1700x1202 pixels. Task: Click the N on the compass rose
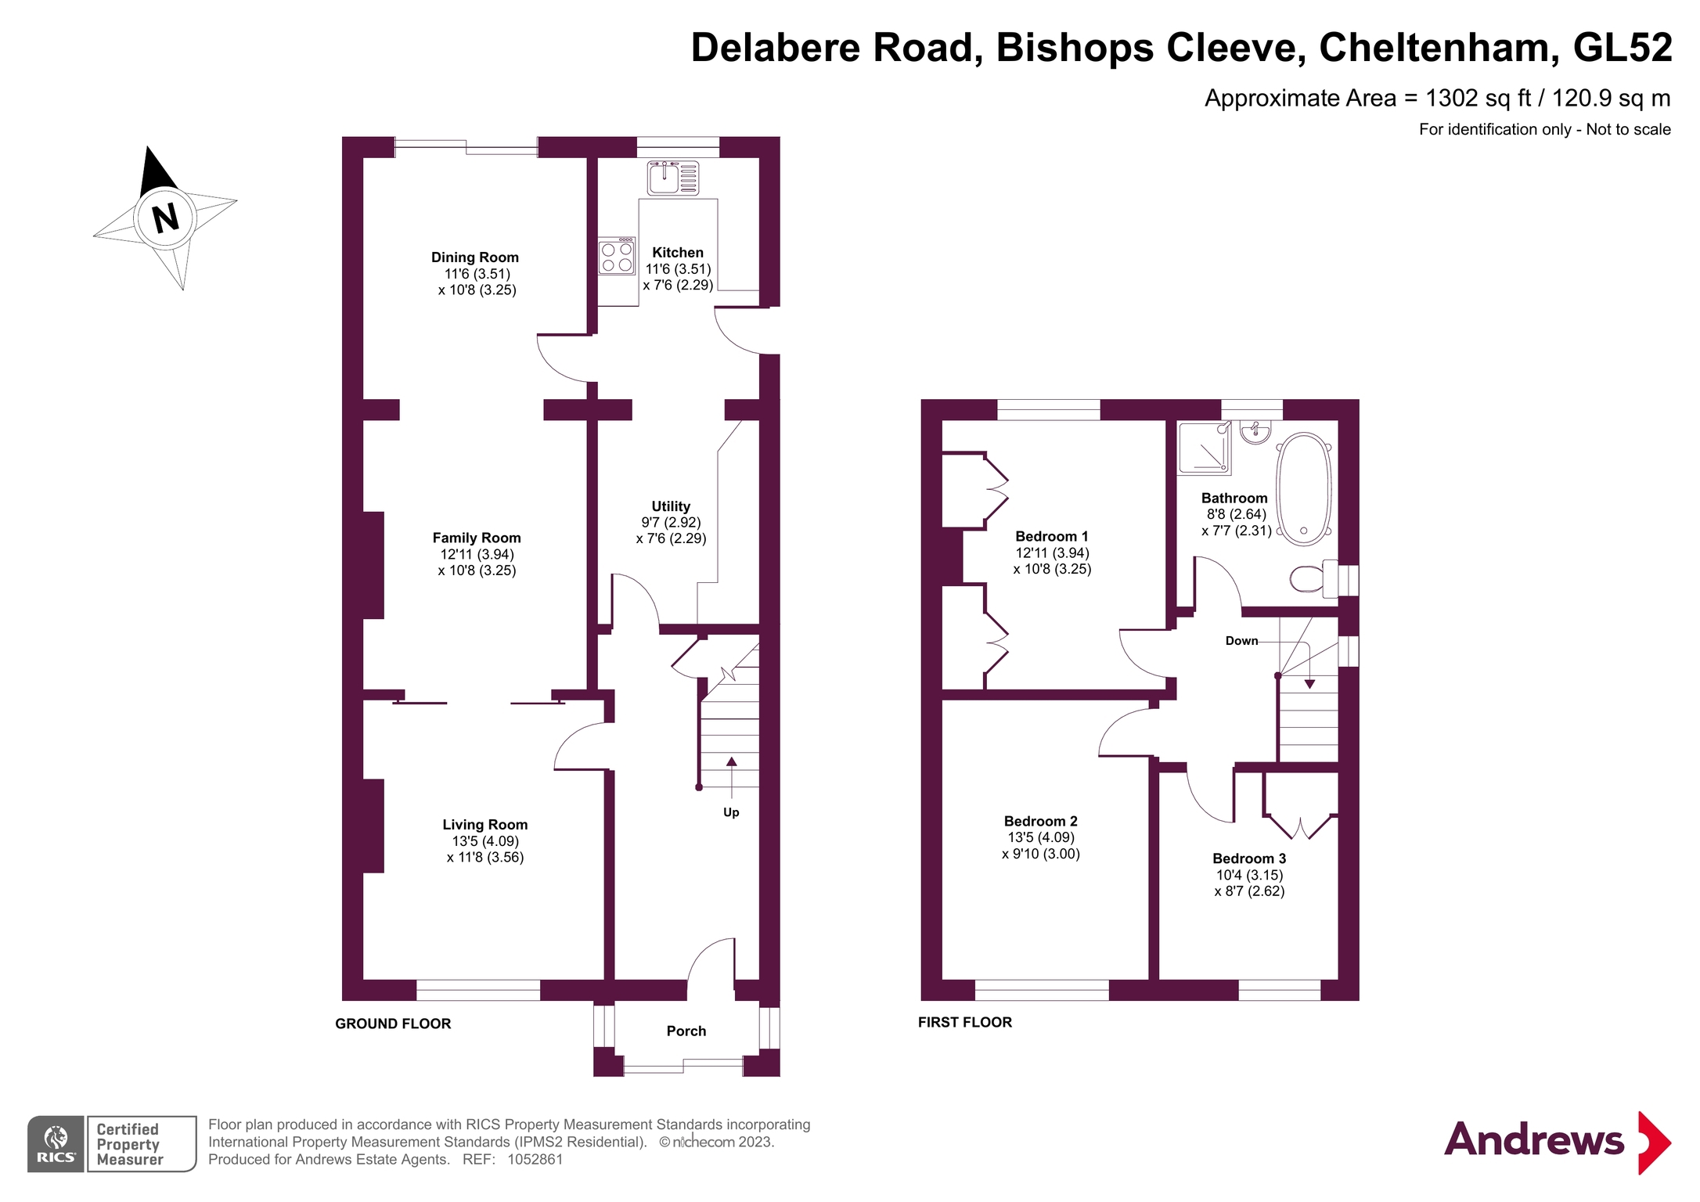point(165,218)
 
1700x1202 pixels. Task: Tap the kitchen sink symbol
point(672,178)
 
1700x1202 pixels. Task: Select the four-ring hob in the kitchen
point(617,257)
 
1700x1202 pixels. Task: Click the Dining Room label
point(474,257)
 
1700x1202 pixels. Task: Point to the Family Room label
point(476,538)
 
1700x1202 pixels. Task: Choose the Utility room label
point(671,506)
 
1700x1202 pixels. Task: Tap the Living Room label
point(484,825)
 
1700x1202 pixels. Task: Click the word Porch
point(686,1031)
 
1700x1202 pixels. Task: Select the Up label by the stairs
point(731,812)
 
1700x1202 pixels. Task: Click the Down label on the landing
point(1241,641)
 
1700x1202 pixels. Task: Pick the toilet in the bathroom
point(1308,579)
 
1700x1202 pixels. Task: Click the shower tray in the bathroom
point(1204,448)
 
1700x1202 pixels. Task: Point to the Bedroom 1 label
point(1051,537)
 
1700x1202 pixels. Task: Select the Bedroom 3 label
point(1248,859)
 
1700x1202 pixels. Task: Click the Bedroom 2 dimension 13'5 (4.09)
point(1040,838)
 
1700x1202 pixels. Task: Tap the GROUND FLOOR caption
point(393,1024)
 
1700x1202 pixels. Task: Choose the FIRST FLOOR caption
point(964,1022)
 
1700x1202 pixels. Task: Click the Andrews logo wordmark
point(1533,1140)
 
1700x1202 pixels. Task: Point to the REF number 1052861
point(535,1160)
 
